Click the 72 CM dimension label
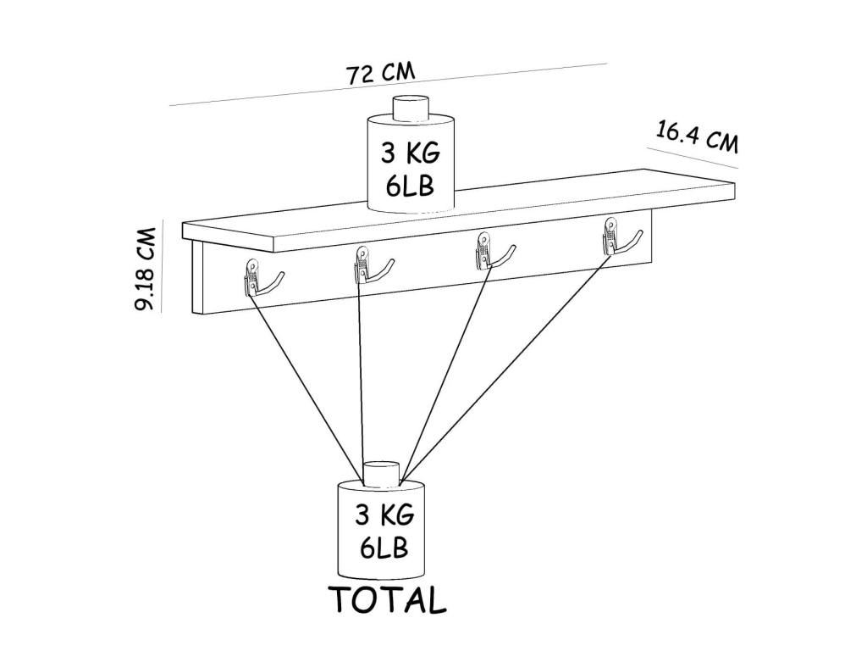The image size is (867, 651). pyautogui.click(x=380, y=73)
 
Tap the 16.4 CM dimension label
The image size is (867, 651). pyautogui.click(x=698, y=137)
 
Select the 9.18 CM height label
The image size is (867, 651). pyautogui.click(x=146, y=269)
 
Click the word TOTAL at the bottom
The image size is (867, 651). pyautogui.click(x=388, y=599)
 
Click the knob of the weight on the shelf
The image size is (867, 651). pyautogui.click(x=411, y=108)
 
